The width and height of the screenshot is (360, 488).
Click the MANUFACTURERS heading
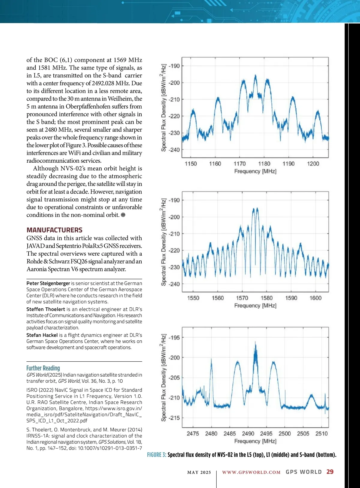(x=54, y=230)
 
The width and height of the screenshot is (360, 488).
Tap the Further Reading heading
(x=43, y=368)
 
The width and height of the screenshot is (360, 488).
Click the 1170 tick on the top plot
(x=239, y=164)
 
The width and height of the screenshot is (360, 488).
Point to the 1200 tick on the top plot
(x=313, y=164)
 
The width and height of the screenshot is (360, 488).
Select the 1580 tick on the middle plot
(x=266, y=298)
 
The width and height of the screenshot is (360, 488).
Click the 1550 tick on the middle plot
(x=193, y=298)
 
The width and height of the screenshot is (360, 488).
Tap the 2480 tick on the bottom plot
(x=211, y=434)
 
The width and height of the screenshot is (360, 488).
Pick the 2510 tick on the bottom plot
(x=321, y=434)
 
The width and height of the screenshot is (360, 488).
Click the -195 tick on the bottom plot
(x=174, y=338)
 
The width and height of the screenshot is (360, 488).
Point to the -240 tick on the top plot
(x=174, y=150)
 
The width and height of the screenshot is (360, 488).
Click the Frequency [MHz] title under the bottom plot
(x=255, y=441)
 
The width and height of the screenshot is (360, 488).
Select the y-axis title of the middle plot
(x=163, y=242)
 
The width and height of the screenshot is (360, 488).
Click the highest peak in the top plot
(x=256, y=76)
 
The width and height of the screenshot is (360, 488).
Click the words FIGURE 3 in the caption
(x=156, y=455)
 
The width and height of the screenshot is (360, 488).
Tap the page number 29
(x=330, y=472)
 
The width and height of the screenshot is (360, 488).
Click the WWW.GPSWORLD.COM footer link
(x=251, y=472)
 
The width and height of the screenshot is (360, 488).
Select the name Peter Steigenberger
(x=48, y=283)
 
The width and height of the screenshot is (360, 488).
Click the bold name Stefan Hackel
(x=42, y=335)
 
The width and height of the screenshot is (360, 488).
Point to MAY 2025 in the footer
(x=199, y=472)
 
